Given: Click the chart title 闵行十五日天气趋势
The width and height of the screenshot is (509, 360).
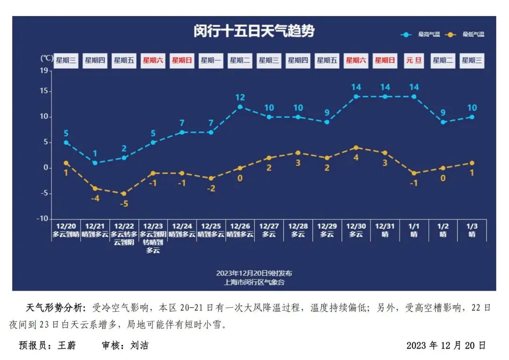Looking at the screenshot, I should (x=254, y=31).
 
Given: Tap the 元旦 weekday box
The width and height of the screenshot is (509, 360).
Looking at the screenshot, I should (x=414, y=60).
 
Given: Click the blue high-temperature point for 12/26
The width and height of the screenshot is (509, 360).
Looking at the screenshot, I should (x=240, y=107).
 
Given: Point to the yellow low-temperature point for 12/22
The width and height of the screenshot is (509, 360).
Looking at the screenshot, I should (x=124, y=194).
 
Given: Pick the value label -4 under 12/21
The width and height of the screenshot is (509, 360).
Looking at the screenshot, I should (x=95, y=198).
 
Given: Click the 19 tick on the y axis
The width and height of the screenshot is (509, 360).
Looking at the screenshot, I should (x=44, y=71).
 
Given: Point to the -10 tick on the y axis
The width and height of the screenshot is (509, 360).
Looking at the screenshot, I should (x=42, y=219).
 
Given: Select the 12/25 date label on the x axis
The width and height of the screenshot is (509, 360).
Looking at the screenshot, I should (x=211, y=226).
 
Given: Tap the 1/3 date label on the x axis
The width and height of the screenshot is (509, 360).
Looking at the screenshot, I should (x=472, y=226).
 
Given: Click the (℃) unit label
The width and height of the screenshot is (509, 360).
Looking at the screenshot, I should (x=46, y=58).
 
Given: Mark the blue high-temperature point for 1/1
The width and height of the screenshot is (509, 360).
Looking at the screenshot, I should (x=414, y=97).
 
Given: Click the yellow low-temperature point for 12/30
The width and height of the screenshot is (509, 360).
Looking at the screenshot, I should (x=356, y=147).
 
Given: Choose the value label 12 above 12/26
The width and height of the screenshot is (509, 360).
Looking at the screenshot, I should (x=240, y=98).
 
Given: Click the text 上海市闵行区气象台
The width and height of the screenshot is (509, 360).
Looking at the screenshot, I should (x=254, y=282).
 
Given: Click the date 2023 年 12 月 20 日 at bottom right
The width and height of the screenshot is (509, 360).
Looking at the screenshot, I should (x=446, y=345).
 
